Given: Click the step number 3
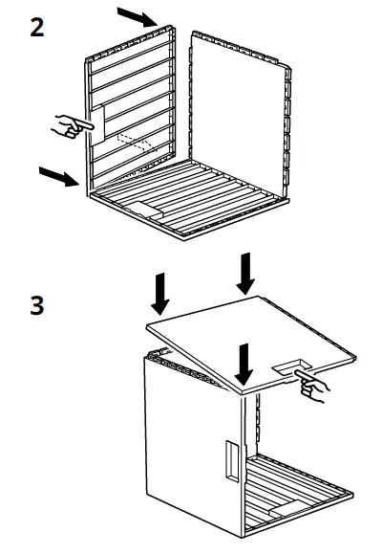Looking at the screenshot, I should click(36, 311).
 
